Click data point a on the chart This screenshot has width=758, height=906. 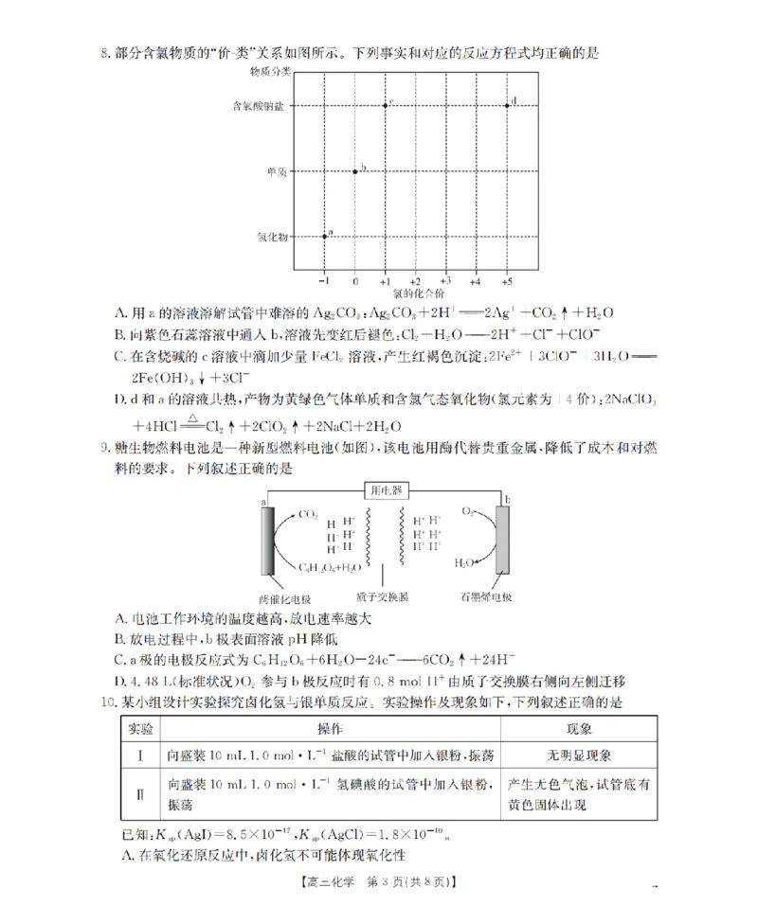tap(325, 236)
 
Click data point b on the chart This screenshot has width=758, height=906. tap(355, 170)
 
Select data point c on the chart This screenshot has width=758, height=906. tap(385, 105)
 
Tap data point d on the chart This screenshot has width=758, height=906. tap(507, 105)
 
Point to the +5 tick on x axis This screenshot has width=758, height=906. tap(507, 282)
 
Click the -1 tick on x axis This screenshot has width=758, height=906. tap(324, 282)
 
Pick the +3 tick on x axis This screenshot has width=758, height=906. tap(444, 282)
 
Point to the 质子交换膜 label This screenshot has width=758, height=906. tap(383, 599)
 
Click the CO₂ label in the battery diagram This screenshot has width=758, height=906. tap(308, 515)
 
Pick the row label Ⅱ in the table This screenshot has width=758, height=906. tap(140, 793)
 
